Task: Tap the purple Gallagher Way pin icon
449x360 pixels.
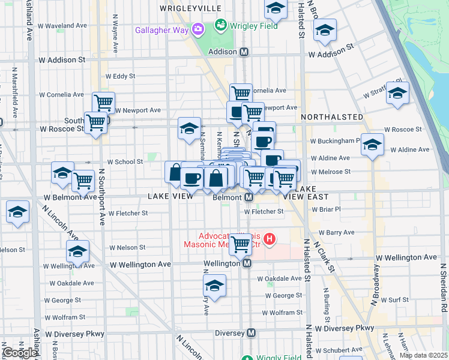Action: pos(198,28)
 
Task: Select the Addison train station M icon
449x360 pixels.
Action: pos(244,52)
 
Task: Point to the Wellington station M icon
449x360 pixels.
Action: pos(246,263)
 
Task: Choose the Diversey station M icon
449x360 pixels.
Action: pos(252,333)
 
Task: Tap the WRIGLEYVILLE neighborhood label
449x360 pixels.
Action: pos(190,8)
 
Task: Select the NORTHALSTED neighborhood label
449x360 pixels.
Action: pos(332,116)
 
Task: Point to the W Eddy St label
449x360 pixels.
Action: pos(120,76)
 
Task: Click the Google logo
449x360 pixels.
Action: pos(20,353)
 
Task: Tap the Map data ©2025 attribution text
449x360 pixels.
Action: pos(423,355)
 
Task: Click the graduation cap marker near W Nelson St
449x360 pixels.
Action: pos(77,251)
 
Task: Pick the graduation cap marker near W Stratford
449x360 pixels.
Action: pos(397,93)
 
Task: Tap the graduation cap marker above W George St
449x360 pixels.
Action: pos(214,285)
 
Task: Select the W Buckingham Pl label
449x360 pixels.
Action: pos(335,141)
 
